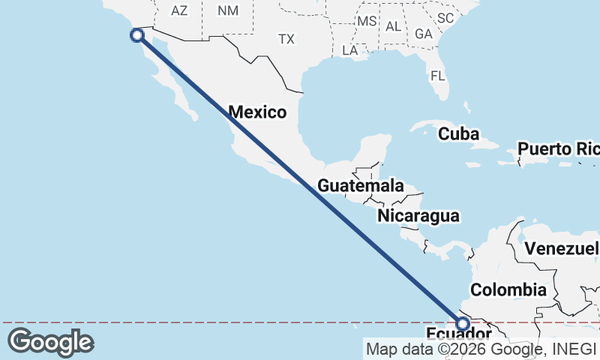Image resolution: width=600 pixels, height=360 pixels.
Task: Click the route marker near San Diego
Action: (x=136, y=34)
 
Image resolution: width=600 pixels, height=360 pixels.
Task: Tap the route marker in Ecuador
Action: (x=463, y=324)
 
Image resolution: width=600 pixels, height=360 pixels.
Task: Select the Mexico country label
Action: (x=257, y=112)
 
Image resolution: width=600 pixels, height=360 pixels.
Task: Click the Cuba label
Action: (x=458, y=133)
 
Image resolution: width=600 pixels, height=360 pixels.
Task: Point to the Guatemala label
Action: (x=360, y=185)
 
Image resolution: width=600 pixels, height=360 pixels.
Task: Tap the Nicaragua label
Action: (x=418, y=216)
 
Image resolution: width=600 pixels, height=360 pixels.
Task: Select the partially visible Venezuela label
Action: (x=562, y=248)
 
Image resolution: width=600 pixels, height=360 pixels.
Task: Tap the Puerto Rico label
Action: (x=558, y=148)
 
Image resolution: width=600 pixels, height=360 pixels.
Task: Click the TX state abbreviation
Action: (x=286, y=39)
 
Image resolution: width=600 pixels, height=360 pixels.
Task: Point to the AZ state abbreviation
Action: (x=178, y=10)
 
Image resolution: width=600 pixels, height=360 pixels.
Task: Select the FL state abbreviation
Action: (x=438, y=76)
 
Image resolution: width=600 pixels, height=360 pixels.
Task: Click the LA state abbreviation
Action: (x=349, y=50)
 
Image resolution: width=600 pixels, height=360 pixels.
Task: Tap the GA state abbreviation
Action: (x=424, y=34)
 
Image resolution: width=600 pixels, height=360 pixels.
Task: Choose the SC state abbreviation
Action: (x=445, y=17)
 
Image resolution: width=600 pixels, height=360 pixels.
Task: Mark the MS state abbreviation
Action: (x=367, y=21)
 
